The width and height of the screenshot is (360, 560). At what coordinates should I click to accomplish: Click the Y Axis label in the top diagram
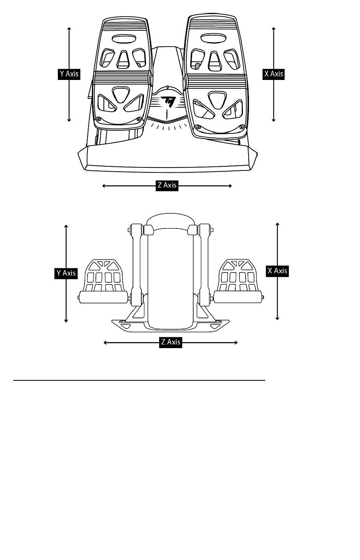pos(69,74)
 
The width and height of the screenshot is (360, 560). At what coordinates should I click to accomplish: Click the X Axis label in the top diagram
pos(274,74)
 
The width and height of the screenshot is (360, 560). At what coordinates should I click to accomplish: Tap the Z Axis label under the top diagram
pos(167,185)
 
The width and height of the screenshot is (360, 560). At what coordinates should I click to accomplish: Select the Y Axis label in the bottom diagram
pos(66,273)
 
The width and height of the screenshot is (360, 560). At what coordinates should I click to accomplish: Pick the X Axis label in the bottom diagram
pos(277,271)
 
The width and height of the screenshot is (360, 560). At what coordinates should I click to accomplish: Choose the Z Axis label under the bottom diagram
pos(171,342)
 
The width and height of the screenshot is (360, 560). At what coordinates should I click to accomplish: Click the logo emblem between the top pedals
pos(168,102)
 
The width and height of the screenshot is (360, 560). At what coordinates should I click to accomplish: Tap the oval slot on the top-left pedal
pos(124,39)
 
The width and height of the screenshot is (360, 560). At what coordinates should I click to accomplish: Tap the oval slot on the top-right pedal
pos(213,38)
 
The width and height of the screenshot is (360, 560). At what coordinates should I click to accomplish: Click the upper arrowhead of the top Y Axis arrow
pos(69,29)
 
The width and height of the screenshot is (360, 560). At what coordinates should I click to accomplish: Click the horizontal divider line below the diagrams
pos(139,380)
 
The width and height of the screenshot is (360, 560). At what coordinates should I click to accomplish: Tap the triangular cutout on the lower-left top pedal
pos(121,94)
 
